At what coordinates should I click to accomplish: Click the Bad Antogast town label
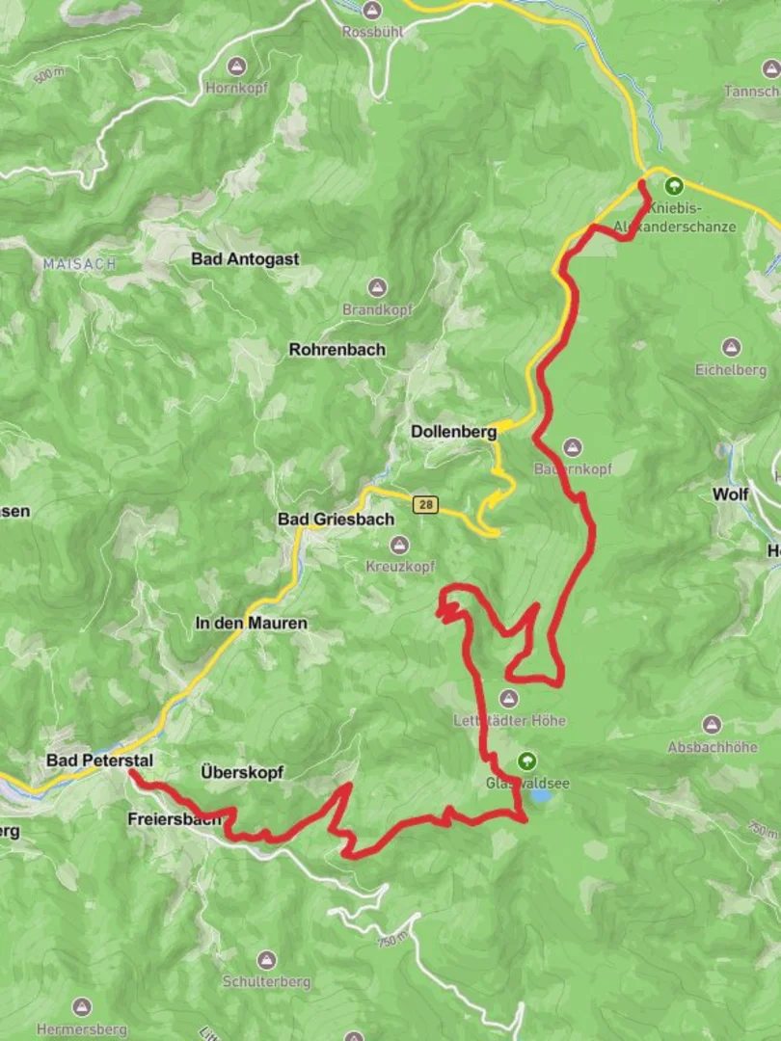pyautogui.click(x=245, y=259)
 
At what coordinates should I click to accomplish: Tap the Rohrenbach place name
pyautogui.click(x=337, y=350)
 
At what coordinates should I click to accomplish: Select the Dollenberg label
pyautogui.click(x=453, y=433)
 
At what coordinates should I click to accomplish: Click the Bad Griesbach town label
pyautogui.click(x=336, y=520)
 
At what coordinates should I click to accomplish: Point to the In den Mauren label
pyautogui.click(x=251, y=624)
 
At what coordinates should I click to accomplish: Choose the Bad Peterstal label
pyautogui.click(x=99, y=761)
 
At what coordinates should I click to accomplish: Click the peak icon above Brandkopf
pyautogui.click(x=376, y=288)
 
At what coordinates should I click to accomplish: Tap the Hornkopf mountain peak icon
pyautogui.click(x=237, y=67)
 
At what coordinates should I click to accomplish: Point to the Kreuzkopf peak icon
pyautogui.click(x=400, y=545)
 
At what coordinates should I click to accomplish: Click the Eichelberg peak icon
pyautogui.click(x=731, y=347)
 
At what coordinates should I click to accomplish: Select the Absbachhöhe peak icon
pyautogui.click(x=712, y=725)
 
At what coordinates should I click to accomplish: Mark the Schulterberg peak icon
pyautogui.click(x=267, y=960)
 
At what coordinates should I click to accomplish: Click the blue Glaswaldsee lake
pyautogui.click(x=542, y=796)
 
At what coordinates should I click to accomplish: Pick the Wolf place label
pyautogui.click(x=730, y=494)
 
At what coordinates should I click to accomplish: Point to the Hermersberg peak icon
pyautogui.click(x=82, y=1007)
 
